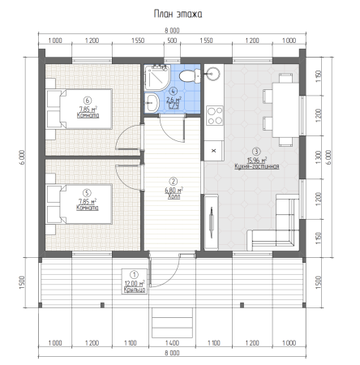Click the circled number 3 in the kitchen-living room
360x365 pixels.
[x=256, y=152]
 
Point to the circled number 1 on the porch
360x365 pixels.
[x=135, y=275]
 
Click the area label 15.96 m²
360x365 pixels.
[x=256, y=160]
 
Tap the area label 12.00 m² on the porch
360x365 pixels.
[x=135, y=283]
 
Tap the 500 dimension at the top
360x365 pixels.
[x=173, y=40]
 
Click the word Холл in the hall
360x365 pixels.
[x=173, y=195]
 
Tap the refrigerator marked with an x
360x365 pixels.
[x=213, y=150]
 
